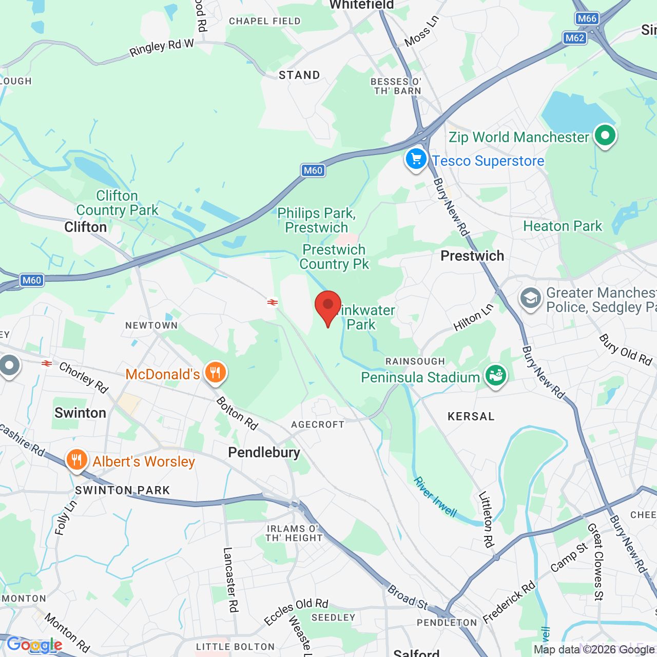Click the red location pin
(x=328, y=306)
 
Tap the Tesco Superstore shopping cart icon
(x=416, y=160)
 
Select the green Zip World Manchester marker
(x=605, y=136)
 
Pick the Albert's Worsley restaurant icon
(x=76, y=459)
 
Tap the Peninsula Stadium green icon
(x=495, y=376)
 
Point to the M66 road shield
(x=587, y=18)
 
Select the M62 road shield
(x=574, y=37)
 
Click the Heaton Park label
(x=563, y=226)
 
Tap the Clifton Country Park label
(x=117, y=203)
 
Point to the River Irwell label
(x=435, y=496)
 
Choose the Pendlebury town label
(x=264, y=452)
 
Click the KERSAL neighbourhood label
(x=471, y=416)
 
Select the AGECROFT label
(x=318, y=424)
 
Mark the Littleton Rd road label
(x=486, y=519)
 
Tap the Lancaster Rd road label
(x=230, y=579)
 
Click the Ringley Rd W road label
(x=161, y=48)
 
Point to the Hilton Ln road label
(x=473, y=317)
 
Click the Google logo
(x=34, y=645)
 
